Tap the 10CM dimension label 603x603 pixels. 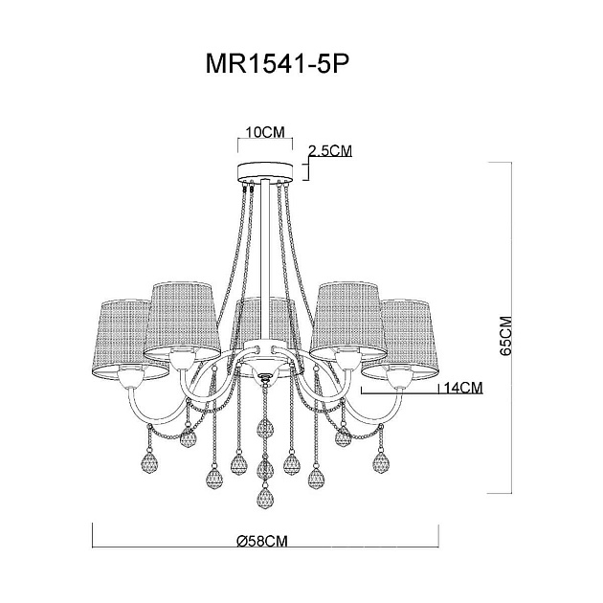pyautogui.click(x=262, y=133)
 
